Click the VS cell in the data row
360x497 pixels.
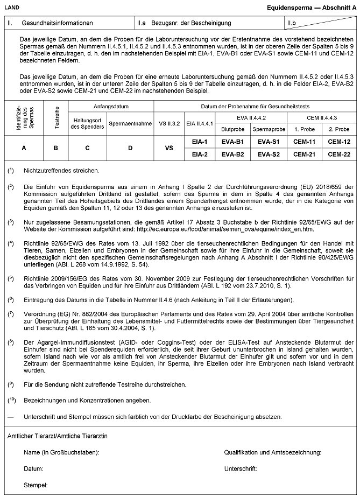168,148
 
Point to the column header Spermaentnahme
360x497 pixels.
129,123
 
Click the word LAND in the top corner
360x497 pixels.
12,8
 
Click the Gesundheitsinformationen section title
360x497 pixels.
57,23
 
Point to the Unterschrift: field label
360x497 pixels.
241,469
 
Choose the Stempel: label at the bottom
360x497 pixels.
36,485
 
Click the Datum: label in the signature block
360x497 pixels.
33,469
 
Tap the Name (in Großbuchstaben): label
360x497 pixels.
61,453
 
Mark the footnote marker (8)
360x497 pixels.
11,342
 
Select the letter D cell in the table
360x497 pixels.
129,148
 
